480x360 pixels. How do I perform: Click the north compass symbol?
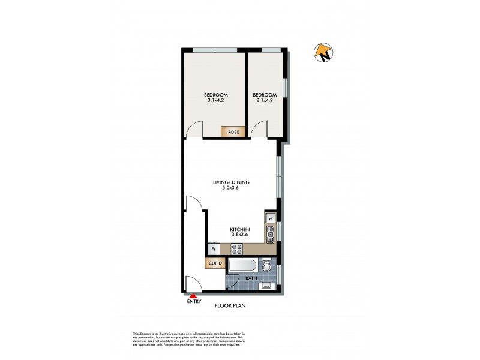tap(323, 53)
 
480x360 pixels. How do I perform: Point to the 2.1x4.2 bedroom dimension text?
tap(265, 101)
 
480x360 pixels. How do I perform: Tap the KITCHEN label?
tap(240, 230)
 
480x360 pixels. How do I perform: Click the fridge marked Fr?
tap(212, 248)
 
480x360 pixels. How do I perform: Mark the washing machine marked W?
tap(271, 218)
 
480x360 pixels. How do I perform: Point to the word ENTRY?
tap(194, 302)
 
